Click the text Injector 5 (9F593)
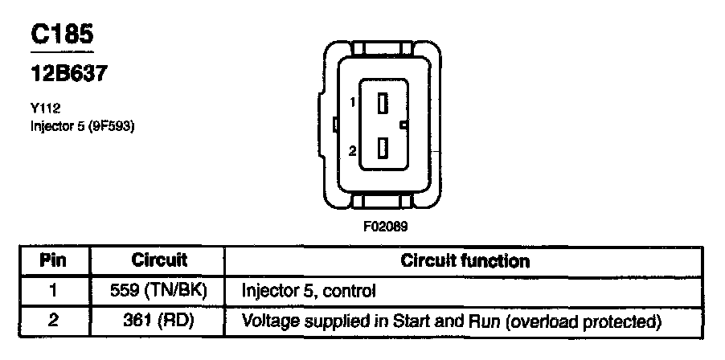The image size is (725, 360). coord(76,125)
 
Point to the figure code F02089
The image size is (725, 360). coord(386,226)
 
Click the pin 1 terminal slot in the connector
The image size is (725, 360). coord(384,102)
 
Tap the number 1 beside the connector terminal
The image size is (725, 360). coord(352,102)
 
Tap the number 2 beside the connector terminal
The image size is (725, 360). coord(352,150)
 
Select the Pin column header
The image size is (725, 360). coord(53,260)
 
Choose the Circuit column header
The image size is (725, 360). coord(159,260)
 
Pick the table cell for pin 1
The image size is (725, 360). coord(53,290)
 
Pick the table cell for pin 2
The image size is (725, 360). coord(53,321)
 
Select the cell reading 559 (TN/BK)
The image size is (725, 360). coord(159,290)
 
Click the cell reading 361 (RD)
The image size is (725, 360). coord(159,321)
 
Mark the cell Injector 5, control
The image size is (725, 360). coord(309,290)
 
